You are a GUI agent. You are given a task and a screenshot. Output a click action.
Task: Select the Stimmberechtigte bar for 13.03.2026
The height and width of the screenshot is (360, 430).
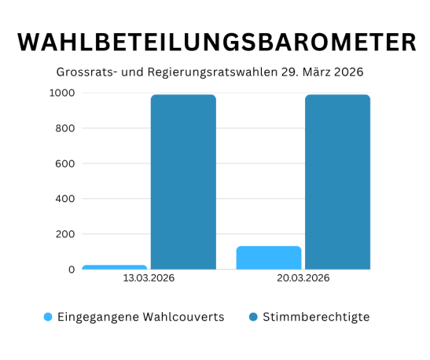tap(183, 182)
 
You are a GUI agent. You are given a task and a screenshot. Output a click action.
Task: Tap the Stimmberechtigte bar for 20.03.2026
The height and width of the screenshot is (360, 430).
tap(337, 182)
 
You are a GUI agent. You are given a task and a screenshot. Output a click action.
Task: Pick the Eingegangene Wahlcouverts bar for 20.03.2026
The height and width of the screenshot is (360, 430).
tap(269, 258)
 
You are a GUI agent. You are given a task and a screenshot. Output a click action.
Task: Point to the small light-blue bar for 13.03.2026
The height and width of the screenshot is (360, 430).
tap(115, 267)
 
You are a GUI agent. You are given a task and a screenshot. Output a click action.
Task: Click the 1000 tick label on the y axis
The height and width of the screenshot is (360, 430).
tap(61, 93)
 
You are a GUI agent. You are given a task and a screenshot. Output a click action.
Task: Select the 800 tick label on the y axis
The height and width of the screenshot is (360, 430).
tap(64, 128)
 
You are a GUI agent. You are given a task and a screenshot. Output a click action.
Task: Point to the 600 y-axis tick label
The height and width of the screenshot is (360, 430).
tap(64, 163)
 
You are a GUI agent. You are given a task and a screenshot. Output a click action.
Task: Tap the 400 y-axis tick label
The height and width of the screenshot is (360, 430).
tap(64, 199)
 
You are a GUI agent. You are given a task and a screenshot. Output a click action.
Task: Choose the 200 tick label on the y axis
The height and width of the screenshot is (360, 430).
tap(64, 234)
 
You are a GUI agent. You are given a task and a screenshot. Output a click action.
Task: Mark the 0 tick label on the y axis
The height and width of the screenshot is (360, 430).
tap(71, 270)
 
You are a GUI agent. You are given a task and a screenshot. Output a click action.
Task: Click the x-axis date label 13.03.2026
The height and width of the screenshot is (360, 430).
tap(149, 278)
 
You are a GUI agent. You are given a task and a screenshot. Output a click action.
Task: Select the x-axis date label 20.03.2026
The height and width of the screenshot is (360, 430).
tap(303, 278)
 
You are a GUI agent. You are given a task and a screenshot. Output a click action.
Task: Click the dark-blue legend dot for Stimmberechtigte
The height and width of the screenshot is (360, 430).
tap(254, 318)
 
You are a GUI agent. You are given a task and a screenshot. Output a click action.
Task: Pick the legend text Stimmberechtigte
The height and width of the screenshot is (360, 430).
tap(317, 317)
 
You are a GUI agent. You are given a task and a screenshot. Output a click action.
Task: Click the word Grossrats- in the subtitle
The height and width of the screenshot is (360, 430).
tap(86, 72)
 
